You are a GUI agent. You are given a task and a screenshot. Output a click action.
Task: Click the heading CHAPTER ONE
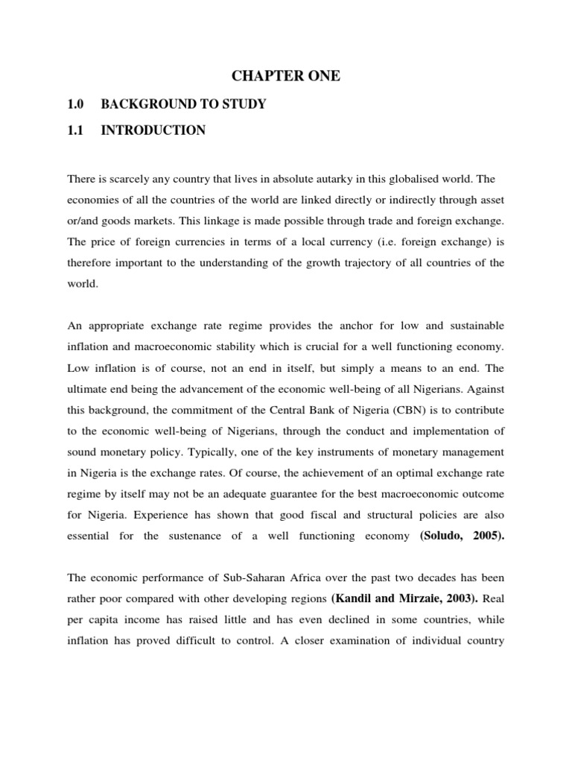tap(286, 76)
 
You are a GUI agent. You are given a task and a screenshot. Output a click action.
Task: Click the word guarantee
tap(314, 493)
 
